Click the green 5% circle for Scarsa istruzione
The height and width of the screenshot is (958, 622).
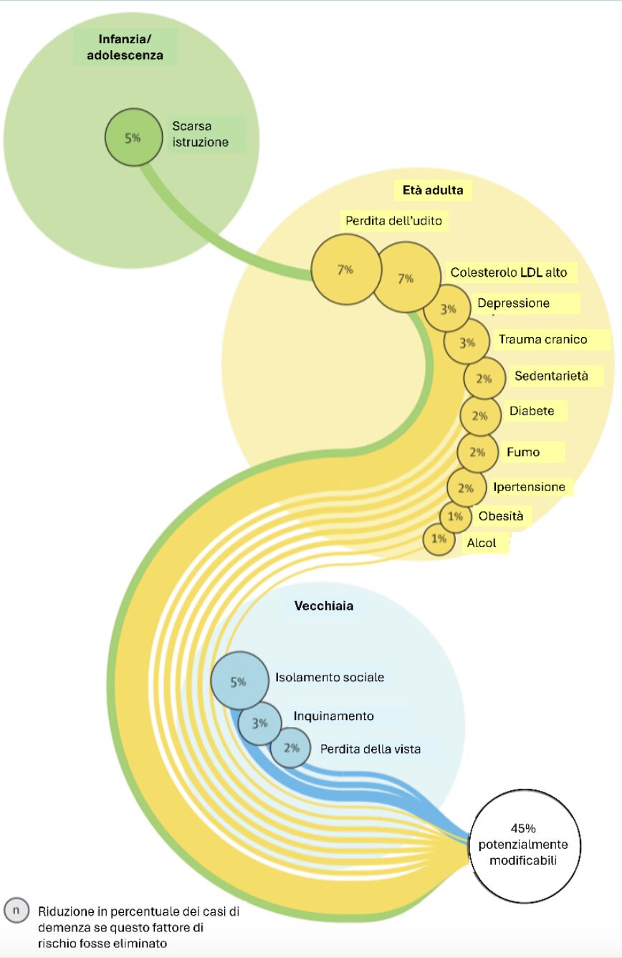134,137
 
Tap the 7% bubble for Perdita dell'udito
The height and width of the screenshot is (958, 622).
345,270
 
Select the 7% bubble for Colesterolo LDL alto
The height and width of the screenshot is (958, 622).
406,278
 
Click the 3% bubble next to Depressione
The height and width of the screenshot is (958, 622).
448,310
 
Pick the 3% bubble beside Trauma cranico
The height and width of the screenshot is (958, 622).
467,343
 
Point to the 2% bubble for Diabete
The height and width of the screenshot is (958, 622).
479,416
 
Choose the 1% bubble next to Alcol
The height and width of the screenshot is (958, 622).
439,539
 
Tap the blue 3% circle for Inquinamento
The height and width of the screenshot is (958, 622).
259,724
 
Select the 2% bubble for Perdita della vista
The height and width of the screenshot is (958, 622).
290,747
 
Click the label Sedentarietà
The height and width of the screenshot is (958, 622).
550,376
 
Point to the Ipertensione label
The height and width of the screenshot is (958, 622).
529,488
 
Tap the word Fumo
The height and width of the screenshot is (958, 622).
523,452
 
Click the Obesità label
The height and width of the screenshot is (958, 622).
501,516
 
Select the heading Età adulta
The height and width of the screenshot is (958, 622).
429,191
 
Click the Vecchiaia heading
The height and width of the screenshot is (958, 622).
324,606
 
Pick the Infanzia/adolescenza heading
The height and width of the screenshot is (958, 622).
125,46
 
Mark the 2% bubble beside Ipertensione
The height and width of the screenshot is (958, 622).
466,488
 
